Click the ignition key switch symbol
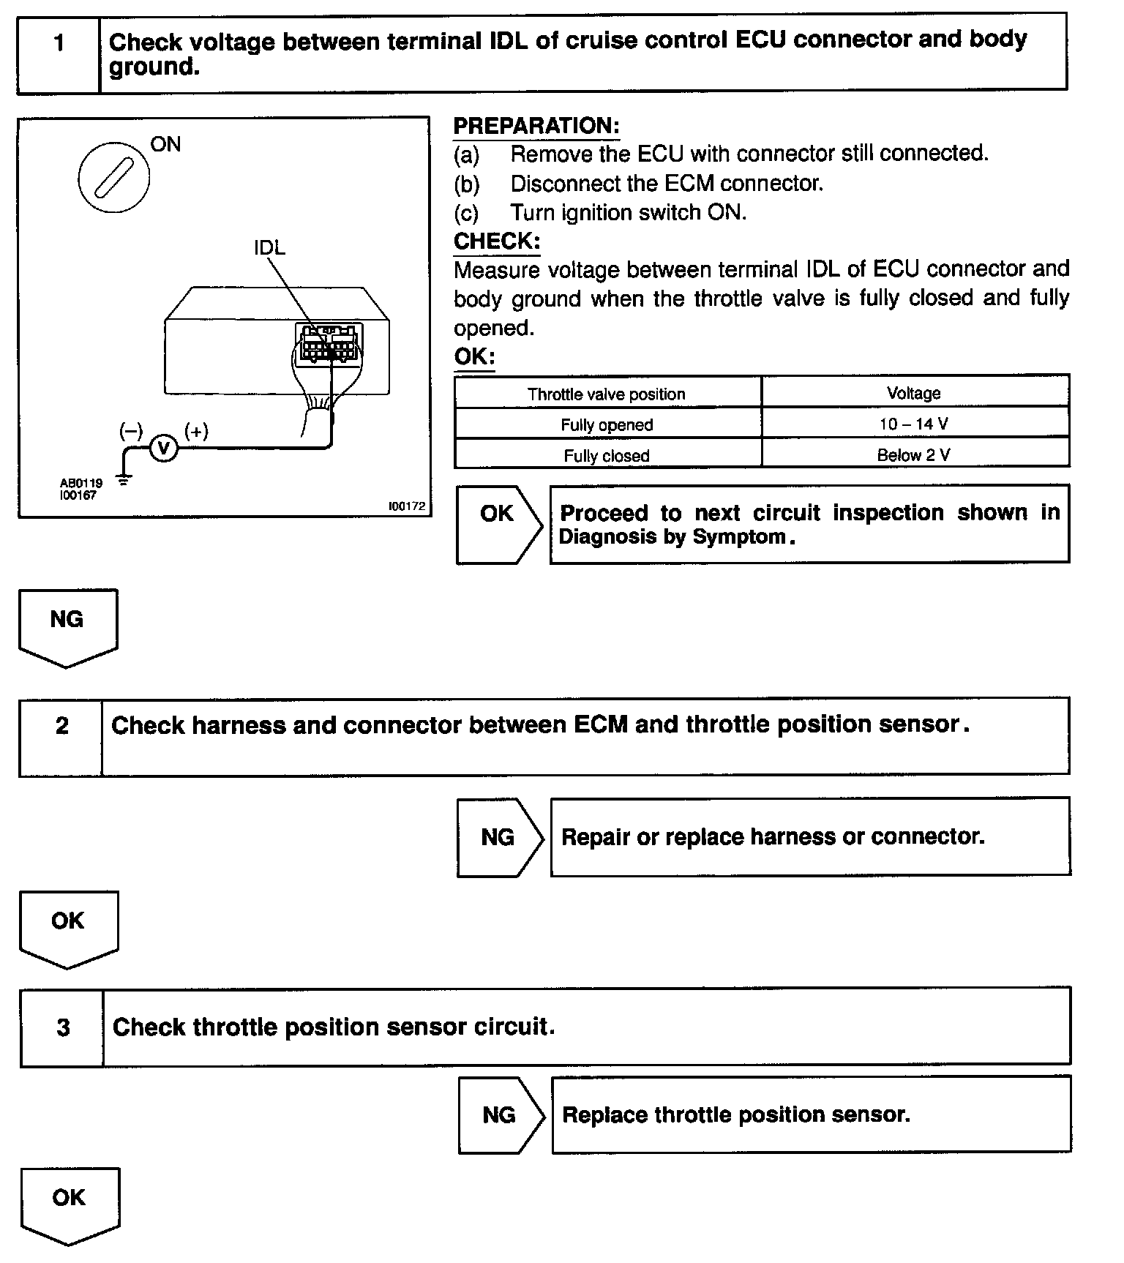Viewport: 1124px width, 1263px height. pyautogui.click(x=113, y=177)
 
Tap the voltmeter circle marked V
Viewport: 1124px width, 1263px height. pyautogui.click(x=164, y=449)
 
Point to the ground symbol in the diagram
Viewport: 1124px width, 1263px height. pyautogui.click(x=125, y=481)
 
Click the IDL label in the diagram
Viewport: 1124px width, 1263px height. pyautogui.click(x=269, y=248)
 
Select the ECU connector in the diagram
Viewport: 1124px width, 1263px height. pyautogui.click(x=329, y=343)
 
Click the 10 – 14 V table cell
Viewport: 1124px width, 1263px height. pyautogui.click(x=915, y=424)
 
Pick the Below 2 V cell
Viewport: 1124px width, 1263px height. pyautogui.click(x=915, y=454)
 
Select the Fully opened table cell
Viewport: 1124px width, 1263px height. pyautogui.click(x=607, y=424)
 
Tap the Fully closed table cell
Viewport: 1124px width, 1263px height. pyautogui.click(x=607, y=455)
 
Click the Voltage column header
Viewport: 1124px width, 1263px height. pyautogui.click(x=914, y=393)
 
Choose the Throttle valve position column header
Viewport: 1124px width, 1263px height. pyautogui.click(x=607, y=394)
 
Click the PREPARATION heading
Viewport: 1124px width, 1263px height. pyautogui.click(x=536, y=126)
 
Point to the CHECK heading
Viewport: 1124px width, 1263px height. pyautogui.click(x=497, y=241)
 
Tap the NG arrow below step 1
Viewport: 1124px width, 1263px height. pyautogui.click(x=67, y=626)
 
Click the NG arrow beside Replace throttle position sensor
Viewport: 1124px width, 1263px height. pyautogui.click(x=501, y=1114)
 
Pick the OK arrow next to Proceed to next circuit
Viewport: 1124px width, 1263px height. pyautogui.click(x=498, y=523)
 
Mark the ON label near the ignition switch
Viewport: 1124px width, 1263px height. pyautogui.click(x=165, y=144)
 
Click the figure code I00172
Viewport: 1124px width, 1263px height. pyautogui.click(x=407, y=506)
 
